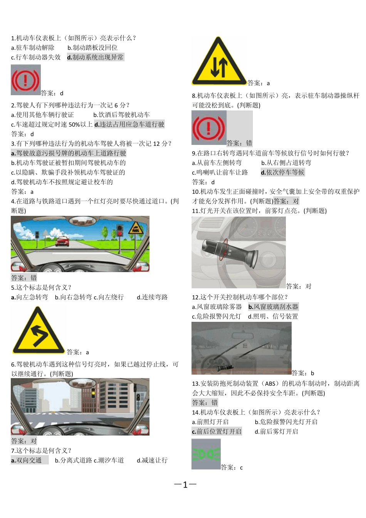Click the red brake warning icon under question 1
(x=25, y=80)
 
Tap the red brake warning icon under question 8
(x=208, y=128)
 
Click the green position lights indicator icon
(x=206, y=454)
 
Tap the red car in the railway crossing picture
(x=62, y=241)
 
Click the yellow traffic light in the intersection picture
(x=93, y=393)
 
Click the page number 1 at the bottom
(x=185, y=485)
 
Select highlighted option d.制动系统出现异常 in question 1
(x=95, y=57)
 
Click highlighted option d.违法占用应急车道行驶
(x=129, y=124)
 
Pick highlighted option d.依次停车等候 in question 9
(x=282, y=172)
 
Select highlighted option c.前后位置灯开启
(x=217, y=432)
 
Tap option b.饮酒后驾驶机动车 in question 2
(x=121, y=115)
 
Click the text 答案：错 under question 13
(x=205, y=403)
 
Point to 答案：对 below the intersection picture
(x=24, y=441)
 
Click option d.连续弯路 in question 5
(x=152, y=297)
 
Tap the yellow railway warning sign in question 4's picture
(x=135, y=229)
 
